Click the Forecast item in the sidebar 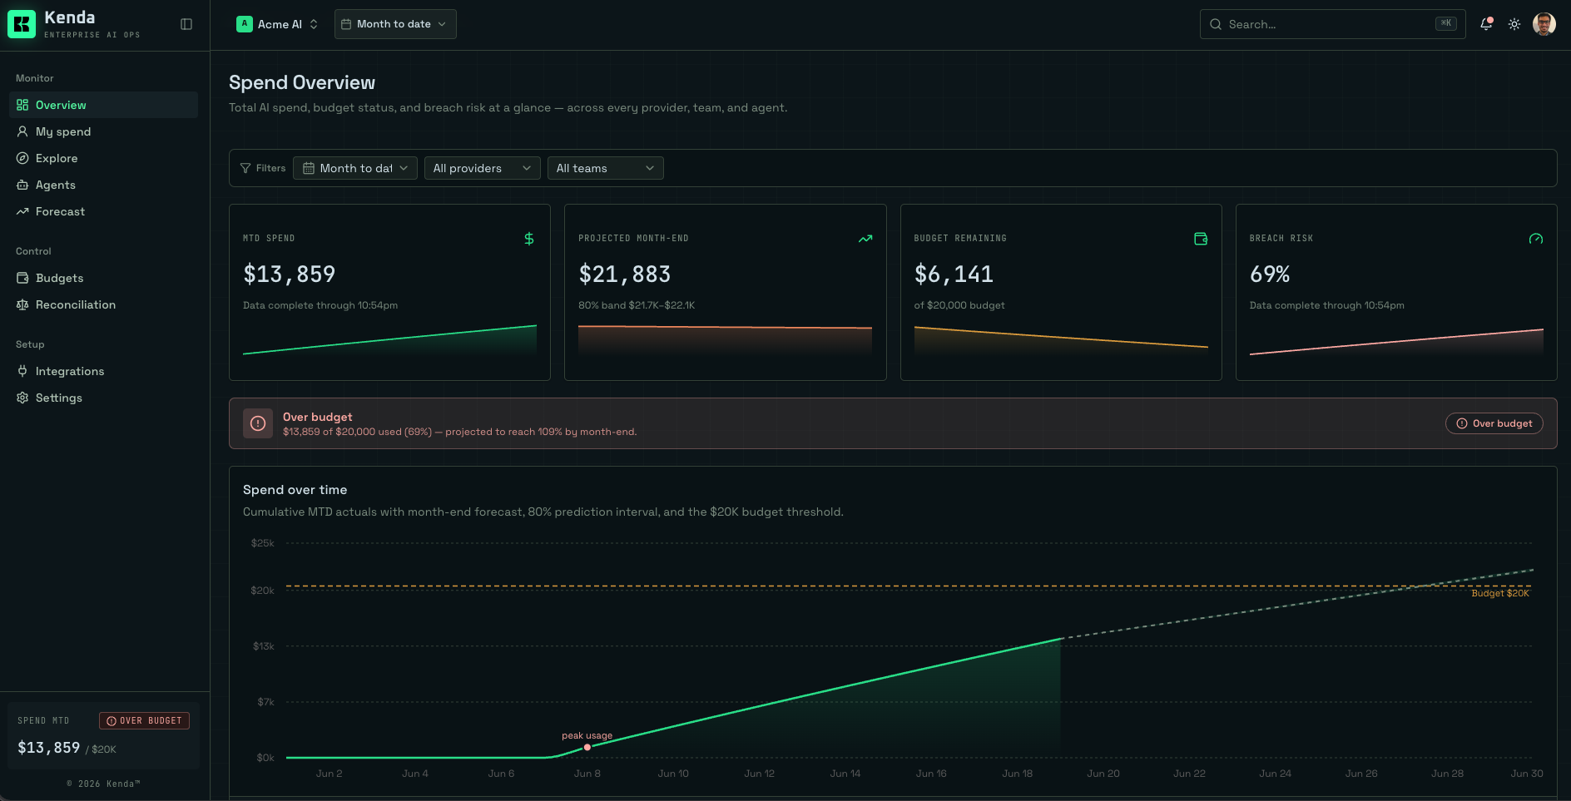(60, 211)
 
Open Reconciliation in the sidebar (75, 304)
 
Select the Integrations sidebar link (69, 371)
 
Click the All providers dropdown (482, 168)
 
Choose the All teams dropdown (605, 168)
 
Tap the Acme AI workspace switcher (277, 24)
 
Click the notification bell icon (1486, 24)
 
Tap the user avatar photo (1544, 24)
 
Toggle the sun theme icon (1514, 24)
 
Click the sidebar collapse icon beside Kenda (186, 24)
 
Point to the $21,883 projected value (624, 274)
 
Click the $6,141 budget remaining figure (954, 274)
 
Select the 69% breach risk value (1270, 274)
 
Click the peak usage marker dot (587, 747)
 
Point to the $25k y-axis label (263, 543)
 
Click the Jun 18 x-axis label (1017, 774)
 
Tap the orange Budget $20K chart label (1500, 593)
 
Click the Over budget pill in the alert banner (1494, 423)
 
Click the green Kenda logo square (22, 24)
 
